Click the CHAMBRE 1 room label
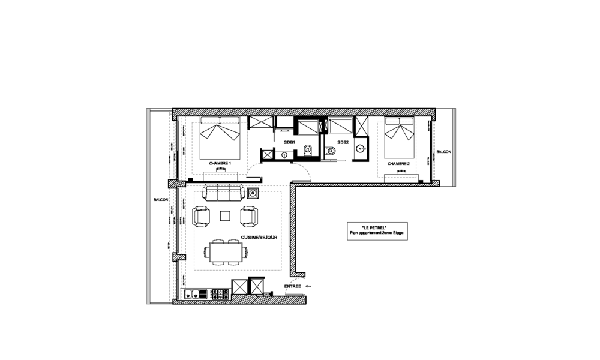pyautogui.click(x=220, y=163)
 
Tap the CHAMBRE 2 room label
pyautogui.click(x=398, y=163)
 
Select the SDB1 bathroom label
pyautogui.click(x=290, y=142)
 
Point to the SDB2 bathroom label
pyautogui.click(x=343, y=142)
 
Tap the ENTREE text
pyautogui.click(x=293, y=287)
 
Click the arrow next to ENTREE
pyautogui.click(x=308, y=287)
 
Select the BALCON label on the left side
pyautogui.click(x=161, y=200)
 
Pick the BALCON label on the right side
pyautogui.click(x=443, y=152)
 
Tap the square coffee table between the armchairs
pyautogui.click(x=226, y=215)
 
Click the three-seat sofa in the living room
pyautogui.click(x=223, y=193)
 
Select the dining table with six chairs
pyautogui.click(x=226, y=251)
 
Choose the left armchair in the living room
pyautogui.click(x=201, y=216)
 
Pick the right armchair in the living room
pyautogui.click(x=250, y=216)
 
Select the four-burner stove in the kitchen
pyautogui.click(x=219, y=294)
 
